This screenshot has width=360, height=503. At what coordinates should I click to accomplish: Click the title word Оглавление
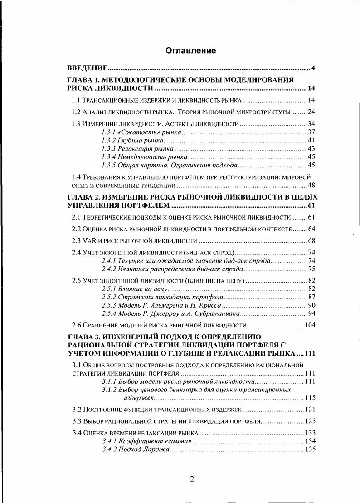click(190, 50)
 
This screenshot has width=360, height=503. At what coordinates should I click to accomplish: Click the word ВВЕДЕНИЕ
click(87, 68)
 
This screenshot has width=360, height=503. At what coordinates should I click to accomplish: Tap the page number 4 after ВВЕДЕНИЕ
click(313, 68)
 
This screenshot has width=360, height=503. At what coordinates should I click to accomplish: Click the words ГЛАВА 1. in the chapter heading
click(82, 80)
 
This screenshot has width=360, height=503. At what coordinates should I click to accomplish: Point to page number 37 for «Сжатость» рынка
click(311, 132)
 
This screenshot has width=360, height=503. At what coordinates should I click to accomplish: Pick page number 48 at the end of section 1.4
click(311, 185)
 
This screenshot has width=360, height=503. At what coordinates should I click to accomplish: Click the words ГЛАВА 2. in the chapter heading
click(82, 197)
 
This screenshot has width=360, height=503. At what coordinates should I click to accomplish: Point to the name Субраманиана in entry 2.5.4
click(219, 313)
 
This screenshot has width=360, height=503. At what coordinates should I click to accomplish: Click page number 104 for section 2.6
click(309, 325)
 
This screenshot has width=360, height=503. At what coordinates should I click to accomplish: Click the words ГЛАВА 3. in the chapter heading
click(82, 337)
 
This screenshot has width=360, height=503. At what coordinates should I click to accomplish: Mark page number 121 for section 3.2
click(309, 409)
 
